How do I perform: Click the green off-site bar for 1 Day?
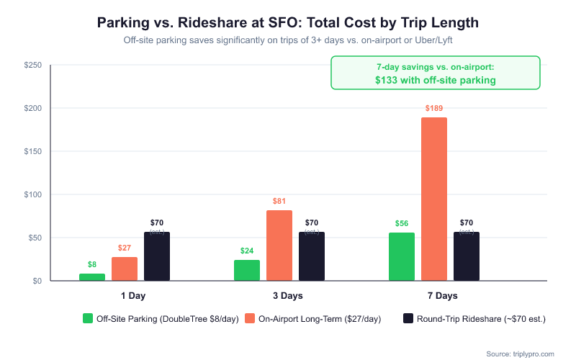pyautogui.click(x=92, y=277)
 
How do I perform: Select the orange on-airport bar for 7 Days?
pyautogui.click(x=434, y=199)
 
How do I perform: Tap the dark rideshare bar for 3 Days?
pyautogui.click(x=312, y=256)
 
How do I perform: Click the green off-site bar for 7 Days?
pyautogui.click(x=402, y=256)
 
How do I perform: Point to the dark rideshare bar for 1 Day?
pyautogui.click(x=157, y=256)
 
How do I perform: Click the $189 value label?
pyautogui.click(x=434, y=108)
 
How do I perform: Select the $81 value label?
pyautogui.click(x=279, y=201)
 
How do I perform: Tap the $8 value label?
pyautogui.click(x=92, y=264)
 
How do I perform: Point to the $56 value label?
pyautogui.click(x=402, y=223)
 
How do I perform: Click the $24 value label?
pyautogui.click(x=247, y=251)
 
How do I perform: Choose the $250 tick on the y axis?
pyautogui.click(x=32, y=66)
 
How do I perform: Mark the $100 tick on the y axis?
pyautogui.click(x=32, y=195)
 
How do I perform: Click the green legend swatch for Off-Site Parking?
pyautogui.click(x=88, y=318)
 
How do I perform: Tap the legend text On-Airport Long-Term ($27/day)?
pyautogui.click(x=319, y=318)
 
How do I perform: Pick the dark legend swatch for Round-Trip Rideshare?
pyautogui.click(x=408, y=318)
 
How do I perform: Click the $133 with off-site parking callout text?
pyautogui.click(x=435, y=80)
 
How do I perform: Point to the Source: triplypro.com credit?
pyautogui.click(x=520, y=354)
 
